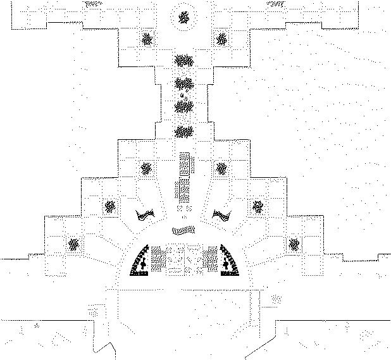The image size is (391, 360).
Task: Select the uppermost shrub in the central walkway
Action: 183,61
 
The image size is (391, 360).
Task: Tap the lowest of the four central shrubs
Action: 183,132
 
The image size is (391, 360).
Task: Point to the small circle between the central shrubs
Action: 183,95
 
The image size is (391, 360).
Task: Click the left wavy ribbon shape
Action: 146,215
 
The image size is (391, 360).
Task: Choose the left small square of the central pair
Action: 180,208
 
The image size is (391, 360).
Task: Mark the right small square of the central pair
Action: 189,208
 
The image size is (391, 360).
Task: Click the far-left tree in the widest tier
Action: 73,244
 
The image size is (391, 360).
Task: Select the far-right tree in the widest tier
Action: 294,244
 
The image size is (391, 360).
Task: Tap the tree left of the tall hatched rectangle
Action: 146,168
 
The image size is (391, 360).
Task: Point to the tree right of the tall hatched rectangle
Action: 221,168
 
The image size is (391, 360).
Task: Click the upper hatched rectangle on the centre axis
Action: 185,163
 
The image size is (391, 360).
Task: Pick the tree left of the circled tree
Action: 147,40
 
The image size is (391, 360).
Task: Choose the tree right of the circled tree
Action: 221,40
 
